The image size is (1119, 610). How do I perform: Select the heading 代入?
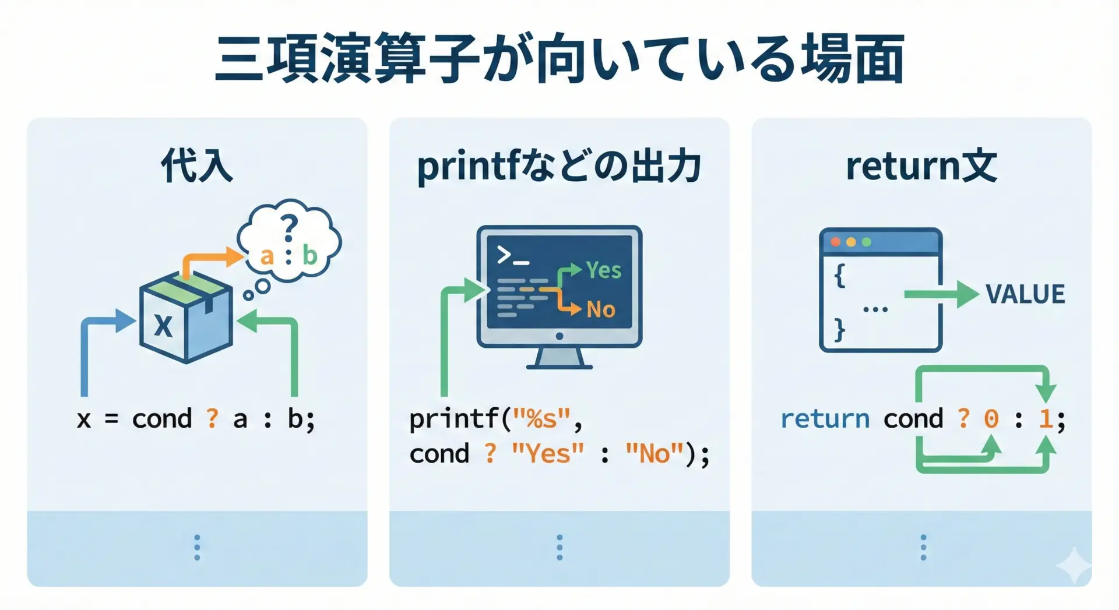[x=197, y=166]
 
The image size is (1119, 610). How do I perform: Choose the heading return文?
[x=921, y=166]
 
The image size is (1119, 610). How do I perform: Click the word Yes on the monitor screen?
[x=604, y=270]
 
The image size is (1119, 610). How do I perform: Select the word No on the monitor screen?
[x=601, y=309]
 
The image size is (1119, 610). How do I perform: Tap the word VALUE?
[x=1025, y=294]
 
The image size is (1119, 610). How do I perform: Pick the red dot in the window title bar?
[x=835, y=242]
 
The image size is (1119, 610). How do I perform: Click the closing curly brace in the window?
[x=839, y=330]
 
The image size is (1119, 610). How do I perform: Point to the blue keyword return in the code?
[x=825, y=419]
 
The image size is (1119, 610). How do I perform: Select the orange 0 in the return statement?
[x=991, y=419]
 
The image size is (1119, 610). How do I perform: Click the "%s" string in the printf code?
[x=541, y=419]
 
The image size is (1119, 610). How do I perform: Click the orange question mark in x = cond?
[x=212, y=418]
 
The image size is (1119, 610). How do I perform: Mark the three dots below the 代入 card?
[x=197, y=548]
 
